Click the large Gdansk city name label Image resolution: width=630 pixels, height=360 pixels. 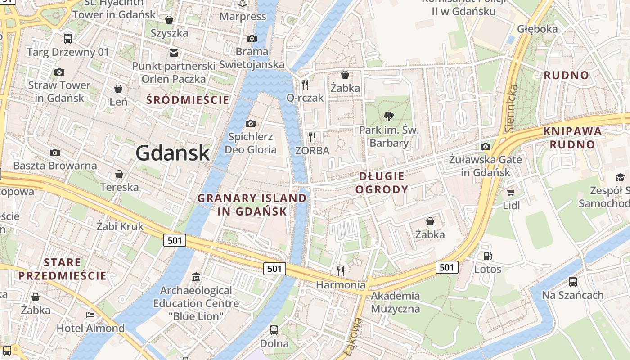(173, 153)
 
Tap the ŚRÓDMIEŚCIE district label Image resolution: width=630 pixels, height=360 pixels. (188, 100)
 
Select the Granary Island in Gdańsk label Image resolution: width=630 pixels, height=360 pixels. (252, 205)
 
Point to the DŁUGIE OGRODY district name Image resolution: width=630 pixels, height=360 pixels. (382, 183)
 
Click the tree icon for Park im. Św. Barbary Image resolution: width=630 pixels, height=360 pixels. (388, 117)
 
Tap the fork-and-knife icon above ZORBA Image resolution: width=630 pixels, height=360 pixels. (312, 137)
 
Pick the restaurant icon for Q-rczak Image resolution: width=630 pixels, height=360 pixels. (305, 84)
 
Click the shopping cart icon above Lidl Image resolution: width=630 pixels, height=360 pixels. (511, 193)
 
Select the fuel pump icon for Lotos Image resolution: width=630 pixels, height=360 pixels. (487, 256)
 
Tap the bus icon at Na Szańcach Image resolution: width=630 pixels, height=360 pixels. (572, 282)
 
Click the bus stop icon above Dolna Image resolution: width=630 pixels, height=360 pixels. (274, 330)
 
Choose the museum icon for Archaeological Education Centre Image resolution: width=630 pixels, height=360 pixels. (196, 277)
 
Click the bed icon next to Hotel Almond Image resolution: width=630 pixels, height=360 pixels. (90, 315)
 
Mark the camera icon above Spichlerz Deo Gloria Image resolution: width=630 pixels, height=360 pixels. (251, 123)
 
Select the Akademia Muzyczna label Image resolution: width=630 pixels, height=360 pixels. (396, 302)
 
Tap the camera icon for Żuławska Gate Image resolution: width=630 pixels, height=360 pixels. (485, 146)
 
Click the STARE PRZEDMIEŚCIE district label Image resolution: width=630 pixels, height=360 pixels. (63, 269)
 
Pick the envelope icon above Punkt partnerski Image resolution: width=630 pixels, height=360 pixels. (174, 53)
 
